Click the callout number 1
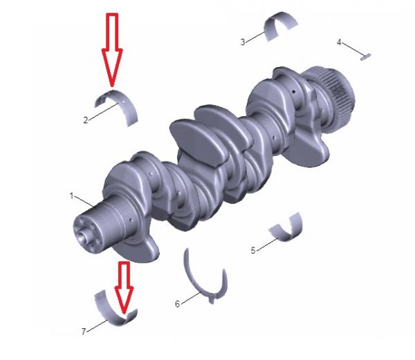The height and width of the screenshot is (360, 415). click(x=71, y=196)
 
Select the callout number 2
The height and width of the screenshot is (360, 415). click(x=86, y=120)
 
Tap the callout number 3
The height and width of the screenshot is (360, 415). click(x=243, y=42)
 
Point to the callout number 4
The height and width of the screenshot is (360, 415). click(x=339, y=42)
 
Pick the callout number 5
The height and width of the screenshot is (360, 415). click(x=253, y=250)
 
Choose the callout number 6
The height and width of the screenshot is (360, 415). click(x=177, y=304)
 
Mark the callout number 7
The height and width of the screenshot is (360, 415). click(x=84, y=332)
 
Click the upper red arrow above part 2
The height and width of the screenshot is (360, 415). click(x=112, y=50)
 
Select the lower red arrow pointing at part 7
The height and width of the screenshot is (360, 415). click(x=124, y=287)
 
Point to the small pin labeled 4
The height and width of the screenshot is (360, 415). click(x=365, y=57)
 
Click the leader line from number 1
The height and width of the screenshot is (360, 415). click(x=84, y=202)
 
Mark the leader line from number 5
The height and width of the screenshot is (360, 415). click(x=267, y=244)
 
